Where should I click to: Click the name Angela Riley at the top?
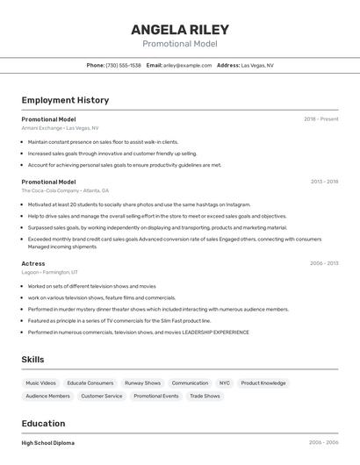[179, 29]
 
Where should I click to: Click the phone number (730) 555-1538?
[123, 65]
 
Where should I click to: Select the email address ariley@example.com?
[187, 65]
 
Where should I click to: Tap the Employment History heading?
[65, 100]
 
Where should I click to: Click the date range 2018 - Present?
[320, 118]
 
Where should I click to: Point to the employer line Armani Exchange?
[60, 128]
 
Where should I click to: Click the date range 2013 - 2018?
[324, 182]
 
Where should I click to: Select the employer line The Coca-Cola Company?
[65, 190]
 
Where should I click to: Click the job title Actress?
[33, 263]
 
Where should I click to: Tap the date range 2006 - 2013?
[324, 263]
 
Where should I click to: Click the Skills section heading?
[32, 360]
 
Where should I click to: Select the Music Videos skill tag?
[40, 383]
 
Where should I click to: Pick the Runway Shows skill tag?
[142, 383]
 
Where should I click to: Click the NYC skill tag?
[225, 383]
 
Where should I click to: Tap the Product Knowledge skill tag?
[263, 383]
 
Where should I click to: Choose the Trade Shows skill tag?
[205, 397]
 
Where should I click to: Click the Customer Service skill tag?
[102, 397]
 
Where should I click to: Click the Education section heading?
[43, 424]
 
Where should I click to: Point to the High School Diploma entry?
[47, 443]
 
